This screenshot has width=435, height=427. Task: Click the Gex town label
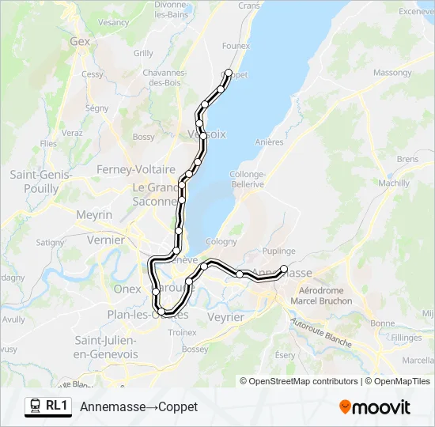point(81,42)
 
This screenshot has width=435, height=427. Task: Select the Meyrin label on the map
point(94,214)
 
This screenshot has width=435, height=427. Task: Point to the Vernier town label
point(106,240)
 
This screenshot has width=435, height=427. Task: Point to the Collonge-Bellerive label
point(247,179)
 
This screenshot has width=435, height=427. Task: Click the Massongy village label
point(391,73)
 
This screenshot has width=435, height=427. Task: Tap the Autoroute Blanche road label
point(320,333)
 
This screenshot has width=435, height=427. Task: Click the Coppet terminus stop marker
point(229,74)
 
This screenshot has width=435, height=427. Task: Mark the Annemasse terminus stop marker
point(284,269)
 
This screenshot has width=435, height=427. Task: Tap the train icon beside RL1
point(36,406)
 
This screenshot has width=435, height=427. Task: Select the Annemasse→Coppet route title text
point(138,406)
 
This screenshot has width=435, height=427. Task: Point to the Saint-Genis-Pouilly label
point(41,182)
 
